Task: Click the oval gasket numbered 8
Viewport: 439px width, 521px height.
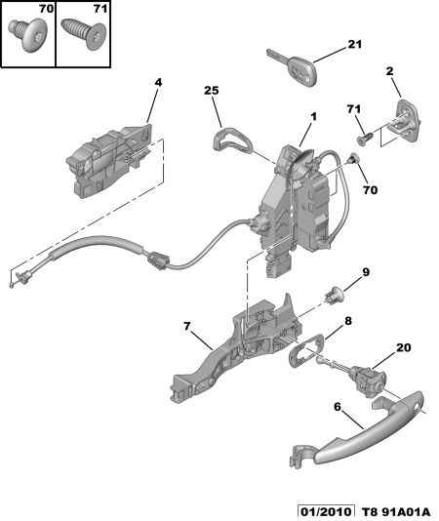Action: pyautogui.click(x=306, y=350)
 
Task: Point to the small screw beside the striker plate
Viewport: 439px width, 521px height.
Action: pyautogui.click(x=365, y=139)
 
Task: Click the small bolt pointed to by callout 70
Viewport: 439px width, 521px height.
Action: pyautogui.click(x=353, y=158)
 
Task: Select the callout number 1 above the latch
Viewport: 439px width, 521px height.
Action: pyautogui.click(x=313, y=117)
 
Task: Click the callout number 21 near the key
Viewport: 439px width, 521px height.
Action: pyautogui.click(x=354, y=44)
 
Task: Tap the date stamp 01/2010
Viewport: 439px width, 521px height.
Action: pyautogui.click(x=326, y=511)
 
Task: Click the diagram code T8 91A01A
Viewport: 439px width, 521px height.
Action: pyautogui.click(x=395, y=511)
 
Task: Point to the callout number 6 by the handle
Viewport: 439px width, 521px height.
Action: pyautogui.click(x=338, y=407)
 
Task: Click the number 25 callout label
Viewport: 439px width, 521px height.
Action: pyautogui.click(x=212, y=91)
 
